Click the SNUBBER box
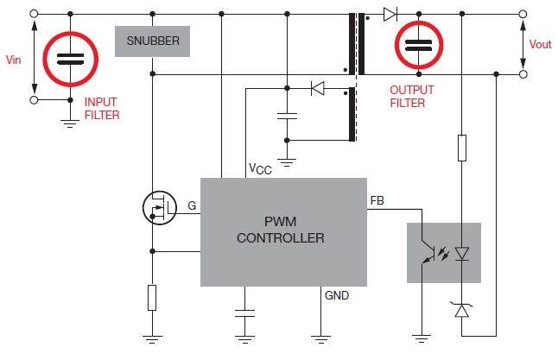[152, 41]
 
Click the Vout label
[540, 44]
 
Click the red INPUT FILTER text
[102, 108]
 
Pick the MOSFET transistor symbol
[157, 207]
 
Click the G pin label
[192, 206]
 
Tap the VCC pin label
[259, 169]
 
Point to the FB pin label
[377, 200]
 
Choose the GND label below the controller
[337, 295]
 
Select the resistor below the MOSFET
[152, 298]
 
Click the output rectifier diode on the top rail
[390, 14]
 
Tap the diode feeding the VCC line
[316, 87]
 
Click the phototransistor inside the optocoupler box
[426, 253]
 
